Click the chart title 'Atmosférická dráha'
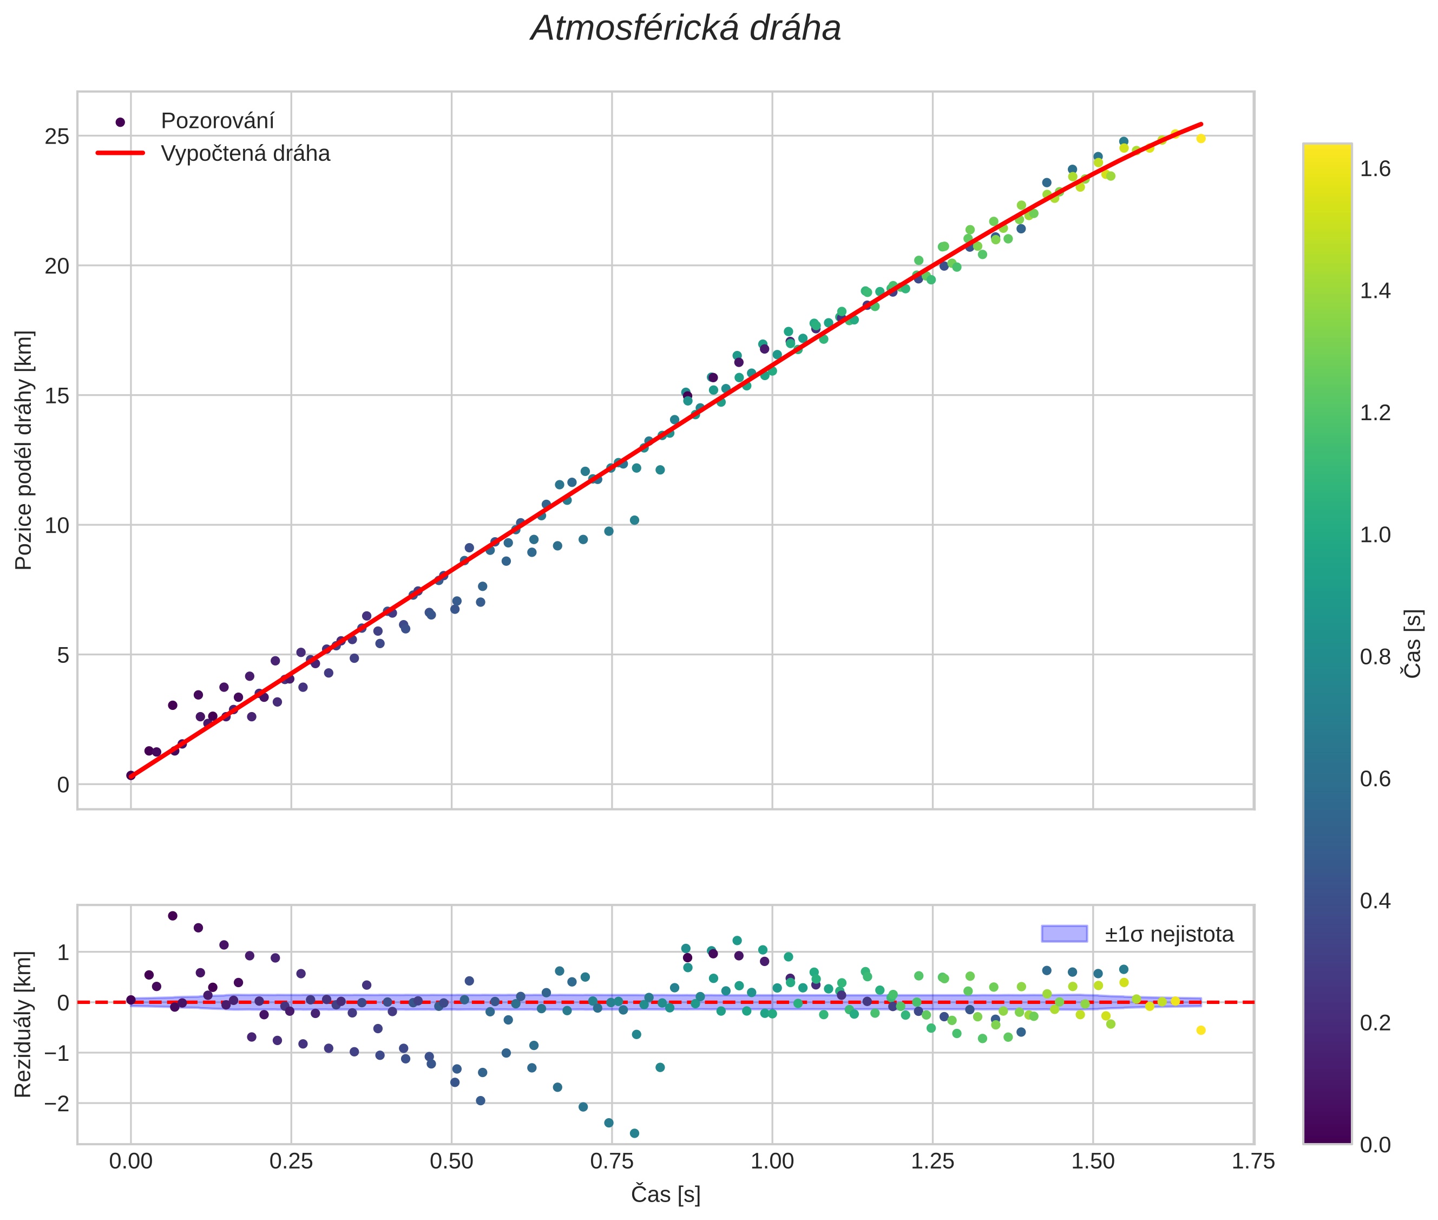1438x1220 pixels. click(x=685, y=29)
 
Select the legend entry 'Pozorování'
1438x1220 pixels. click(x=217, y=121)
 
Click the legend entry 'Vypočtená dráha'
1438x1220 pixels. click(x=245, y=154)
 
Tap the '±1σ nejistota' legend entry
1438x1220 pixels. click(x=1168, y=935)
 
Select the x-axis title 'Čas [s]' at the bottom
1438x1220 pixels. click(x=665, y=1195)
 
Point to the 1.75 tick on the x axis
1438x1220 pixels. click(x=1253, y=1161)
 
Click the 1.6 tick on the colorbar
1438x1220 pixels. click(x=1375, y=169)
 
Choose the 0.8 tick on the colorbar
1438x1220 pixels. click(x=1375, y=656)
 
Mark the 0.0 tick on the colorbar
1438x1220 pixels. click(x=1375, y=1145)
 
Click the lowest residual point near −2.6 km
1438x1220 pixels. click(x=634, y=1133)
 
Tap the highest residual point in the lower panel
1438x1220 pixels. click(x=173, y=916)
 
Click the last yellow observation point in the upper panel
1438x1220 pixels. click(x=1201, y=138)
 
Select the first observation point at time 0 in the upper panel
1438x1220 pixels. click(x=130, y=775)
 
